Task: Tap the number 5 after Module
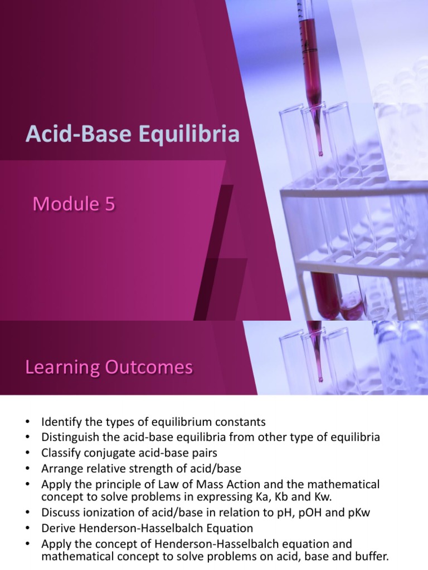click(109, 204)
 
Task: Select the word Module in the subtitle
click(66, 204)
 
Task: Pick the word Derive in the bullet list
click(58, 528)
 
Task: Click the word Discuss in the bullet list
click(61, 513)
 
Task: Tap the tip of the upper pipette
click(320, 153)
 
